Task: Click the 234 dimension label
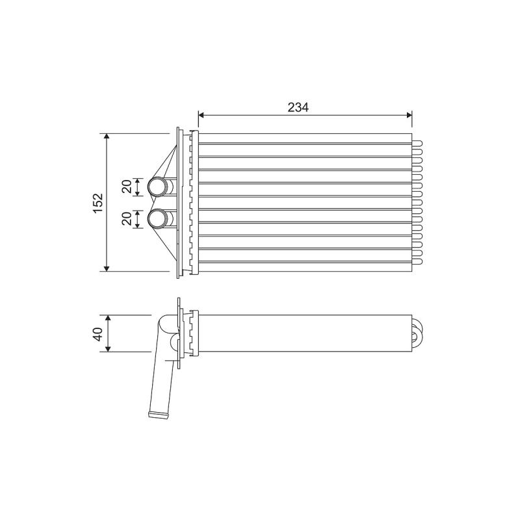point(298,107)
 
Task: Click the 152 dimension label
point(99,203)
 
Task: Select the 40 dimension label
point(98,334)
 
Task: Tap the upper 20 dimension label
point(126,187)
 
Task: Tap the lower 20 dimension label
point(126,219)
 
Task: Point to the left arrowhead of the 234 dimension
point(201,115)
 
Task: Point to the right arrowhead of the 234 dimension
point(409,115)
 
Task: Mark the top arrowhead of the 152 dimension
point(107,136)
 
